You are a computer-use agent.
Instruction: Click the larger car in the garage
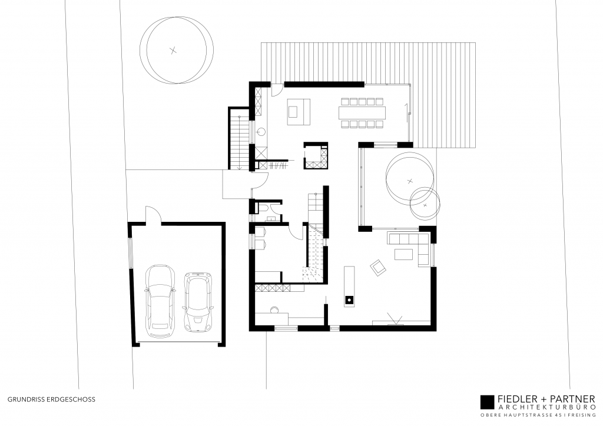[161, 301]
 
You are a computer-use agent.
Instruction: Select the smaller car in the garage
[198, 301]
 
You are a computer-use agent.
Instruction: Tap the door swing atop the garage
[151, 214]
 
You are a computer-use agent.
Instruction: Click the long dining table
[362, 112]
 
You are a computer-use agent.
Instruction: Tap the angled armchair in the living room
[377, 268]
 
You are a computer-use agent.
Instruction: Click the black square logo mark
[487, 402]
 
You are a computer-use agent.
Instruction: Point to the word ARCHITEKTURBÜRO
[547, 408]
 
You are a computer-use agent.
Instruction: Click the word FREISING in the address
[582, 416]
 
